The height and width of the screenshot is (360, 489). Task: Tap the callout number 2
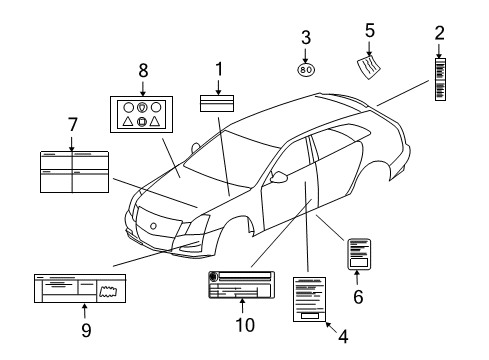click(x=439, y=33)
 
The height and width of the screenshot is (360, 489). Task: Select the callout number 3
click(x=306, y=38)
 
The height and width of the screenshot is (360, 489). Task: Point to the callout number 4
click(x=342, y=337)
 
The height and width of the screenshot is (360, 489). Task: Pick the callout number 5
click(x=369, y=31)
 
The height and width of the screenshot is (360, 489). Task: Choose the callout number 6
click(x=357, y=296)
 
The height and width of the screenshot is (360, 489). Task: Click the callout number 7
click(x=71, y=125)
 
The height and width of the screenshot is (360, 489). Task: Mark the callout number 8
click(x=143, y=70)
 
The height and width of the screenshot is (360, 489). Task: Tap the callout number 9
click(x=85, y=328)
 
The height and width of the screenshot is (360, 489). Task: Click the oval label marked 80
click(x=306, y=70)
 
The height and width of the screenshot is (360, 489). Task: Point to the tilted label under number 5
click(x=371, y=68)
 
